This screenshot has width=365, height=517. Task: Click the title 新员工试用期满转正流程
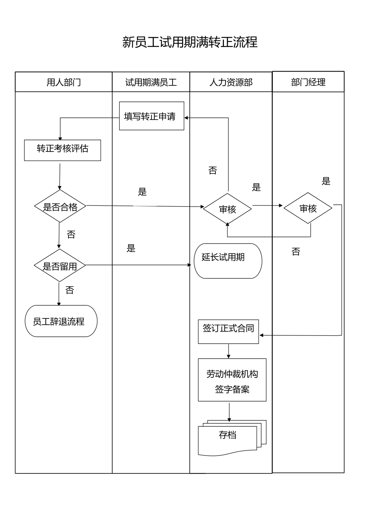(190, 42)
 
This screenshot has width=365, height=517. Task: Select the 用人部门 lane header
(64, 82)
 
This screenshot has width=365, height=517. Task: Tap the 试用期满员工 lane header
(151, 82)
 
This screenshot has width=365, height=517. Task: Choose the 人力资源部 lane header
(231, 82)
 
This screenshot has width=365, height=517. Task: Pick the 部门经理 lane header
(308, 82)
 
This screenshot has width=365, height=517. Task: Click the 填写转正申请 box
(151, 116)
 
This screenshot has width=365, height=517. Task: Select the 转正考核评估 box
(62, 150)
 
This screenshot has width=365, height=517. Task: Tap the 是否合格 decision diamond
(60, 207)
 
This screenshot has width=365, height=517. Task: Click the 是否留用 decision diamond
(60, 266)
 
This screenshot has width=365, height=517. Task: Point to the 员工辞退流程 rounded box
(61, 321)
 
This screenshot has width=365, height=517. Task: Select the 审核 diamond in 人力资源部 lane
(227, 209)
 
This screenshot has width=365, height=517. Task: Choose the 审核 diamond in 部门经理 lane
(308, 208)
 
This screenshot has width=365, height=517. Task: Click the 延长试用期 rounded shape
(227, 261)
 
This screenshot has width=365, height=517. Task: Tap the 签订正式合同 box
(228, 331)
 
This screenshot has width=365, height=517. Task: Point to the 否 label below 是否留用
(70, 290)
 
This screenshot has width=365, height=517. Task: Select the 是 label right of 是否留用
(131, 248)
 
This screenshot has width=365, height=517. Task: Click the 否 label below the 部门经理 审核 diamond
(295, 252)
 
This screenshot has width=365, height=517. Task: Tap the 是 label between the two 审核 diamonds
(256, 187)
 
